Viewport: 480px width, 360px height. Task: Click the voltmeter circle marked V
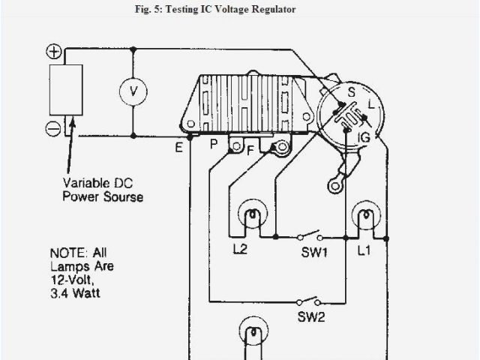coord(133,91)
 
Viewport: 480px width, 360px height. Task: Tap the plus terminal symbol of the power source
coord(55,52)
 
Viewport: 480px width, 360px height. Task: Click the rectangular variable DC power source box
coord(66,90)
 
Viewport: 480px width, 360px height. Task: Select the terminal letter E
coord(178,148)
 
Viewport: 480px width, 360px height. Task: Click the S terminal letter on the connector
coord(349,92)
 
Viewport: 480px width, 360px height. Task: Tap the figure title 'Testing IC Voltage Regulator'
coord(241,10)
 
